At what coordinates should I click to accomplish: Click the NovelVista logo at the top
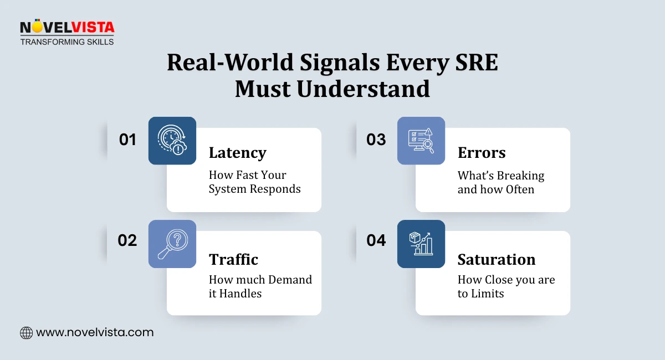67,28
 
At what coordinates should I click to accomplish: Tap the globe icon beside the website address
26,333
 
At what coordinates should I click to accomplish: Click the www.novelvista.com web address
95,333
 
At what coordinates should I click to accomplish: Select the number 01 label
127,140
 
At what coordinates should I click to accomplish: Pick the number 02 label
127,240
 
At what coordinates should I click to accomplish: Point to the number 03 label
376,140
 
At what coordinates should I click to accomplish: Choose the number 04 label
376,240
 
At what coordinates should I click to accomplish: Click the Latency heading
237,153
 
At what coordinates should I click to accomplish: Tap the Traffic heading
233,259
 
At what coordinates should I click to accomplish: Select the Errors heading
482,153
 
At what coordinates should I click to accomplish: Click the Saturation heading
496,259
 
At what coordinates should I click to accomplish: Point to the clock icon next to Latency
172,141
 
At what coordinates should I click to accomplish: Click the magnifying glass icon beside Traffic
172,244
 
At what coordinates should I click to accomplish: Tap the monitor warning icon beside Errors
421,141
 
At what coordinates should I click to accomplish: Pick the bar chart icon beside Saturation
421,244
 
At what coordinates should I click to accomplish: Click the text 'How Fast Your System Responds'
254,182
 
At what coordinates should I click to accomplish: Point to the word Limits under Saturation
488,294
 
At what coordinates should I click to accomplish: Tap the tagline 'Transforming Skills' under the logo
67,42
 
